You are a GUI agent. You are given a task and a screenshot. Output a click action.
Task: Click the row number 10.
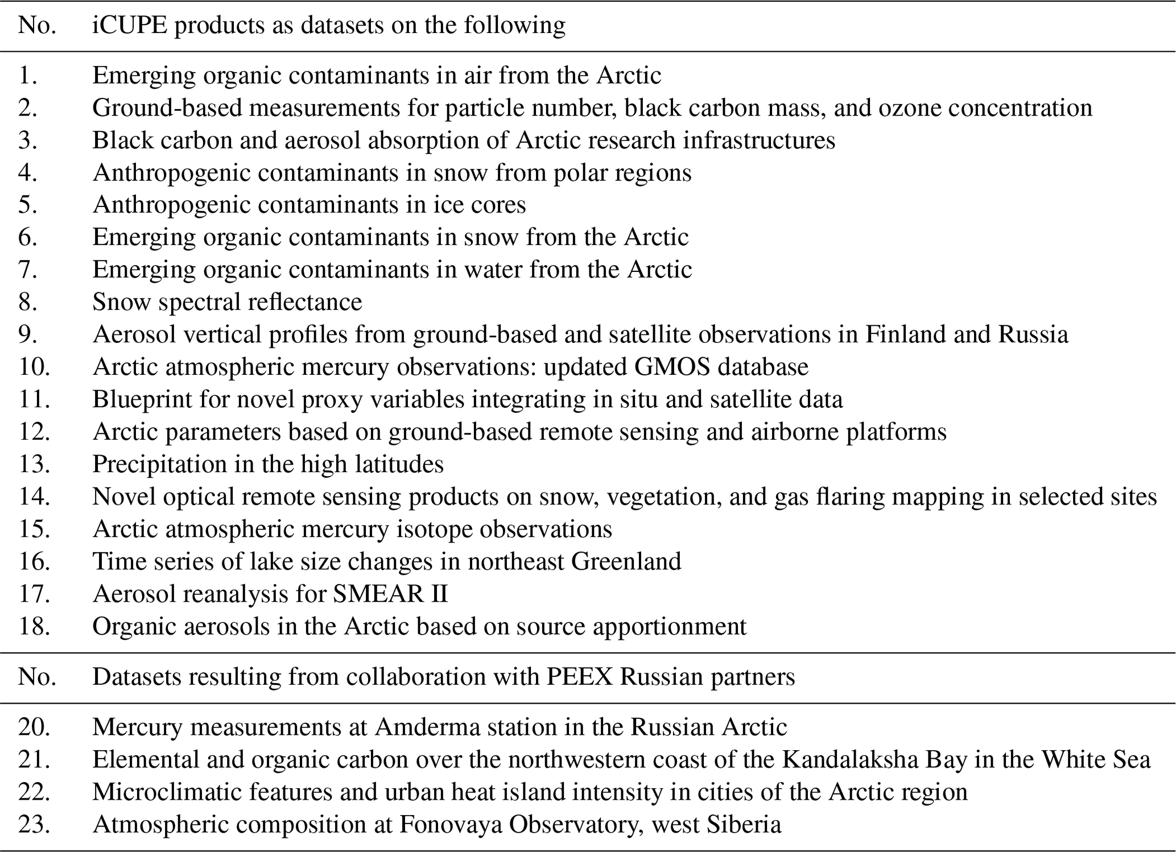click(34, 367)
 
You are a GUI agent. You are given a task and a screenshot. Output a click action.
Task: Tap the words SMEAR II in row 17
click(390, 594)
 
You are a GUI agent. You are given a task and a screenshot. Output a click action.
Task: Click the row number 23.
click(34, 824)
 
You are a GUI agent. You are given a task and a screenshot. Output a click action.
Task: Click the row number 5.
click(28, 205)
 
